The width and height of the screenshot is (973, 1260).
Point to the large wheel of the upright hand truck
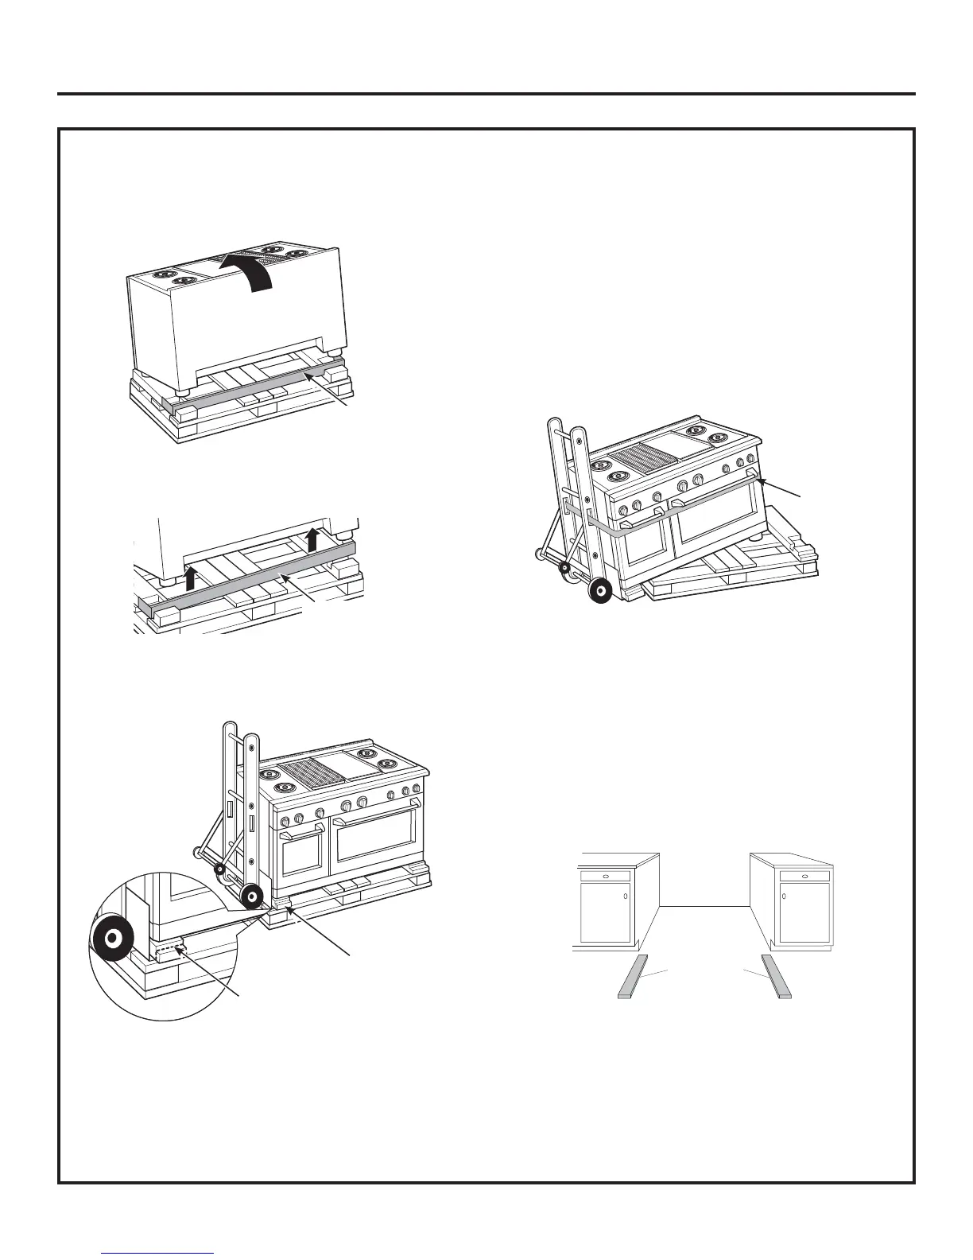tap(252, 896)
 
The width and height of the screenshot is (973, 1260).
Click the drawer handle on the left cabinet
tap(607, 876)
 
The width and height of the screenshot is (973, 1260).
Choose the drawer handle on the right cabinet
tap(804, 876)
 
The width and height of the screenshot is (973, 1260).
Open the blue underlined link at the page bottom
tap(158, 1253)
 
